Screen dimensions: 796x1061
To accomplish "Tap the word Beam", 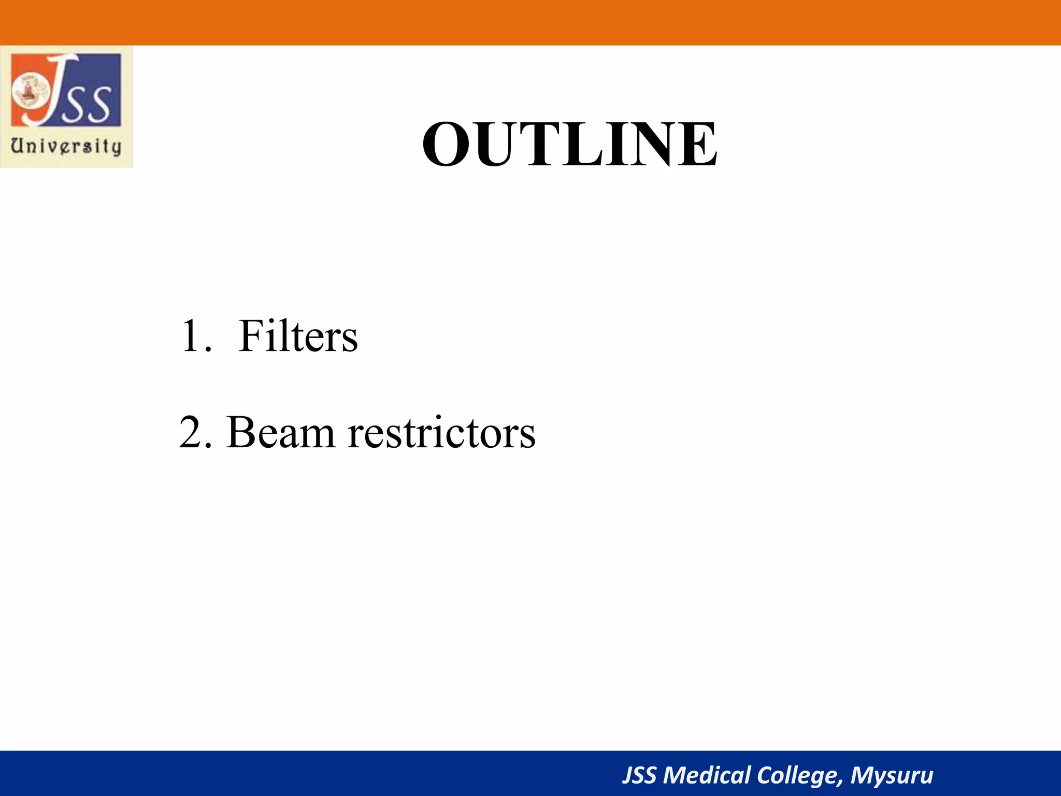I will (x=280, y=432).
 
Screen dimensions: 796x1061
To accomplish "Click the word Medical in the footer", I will (x=707, y=775).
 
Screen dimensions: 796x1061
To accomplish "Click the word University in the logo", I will (x=66, y=146).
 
